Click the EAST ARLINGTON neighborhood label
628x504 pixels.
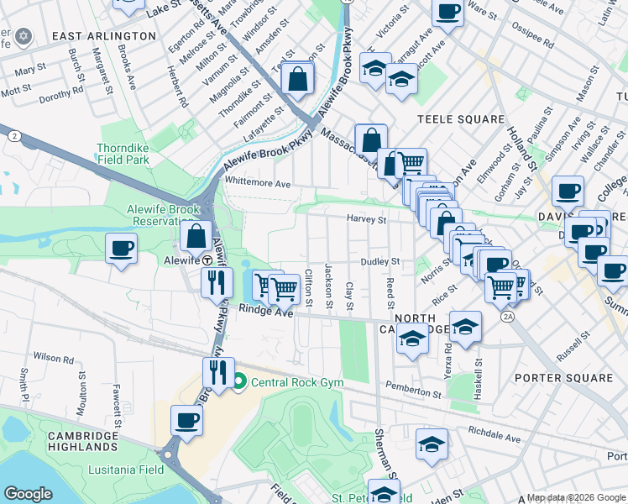(103, 36)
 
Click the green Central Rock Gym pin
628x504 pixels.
(238, 383)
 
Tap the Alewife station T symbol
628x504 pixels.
(195, 260)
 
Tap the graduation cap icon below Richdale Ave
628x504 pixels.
(432, 444)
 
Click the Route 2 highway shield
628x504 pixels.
(13, 135)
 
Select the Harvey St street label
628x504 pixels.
(368, 220)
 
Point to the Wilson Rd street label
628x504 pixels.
(55, 358)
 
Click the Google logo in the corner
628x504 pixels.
(29, 494)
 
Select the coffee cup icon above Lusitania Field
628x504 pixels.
(186, 419)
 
